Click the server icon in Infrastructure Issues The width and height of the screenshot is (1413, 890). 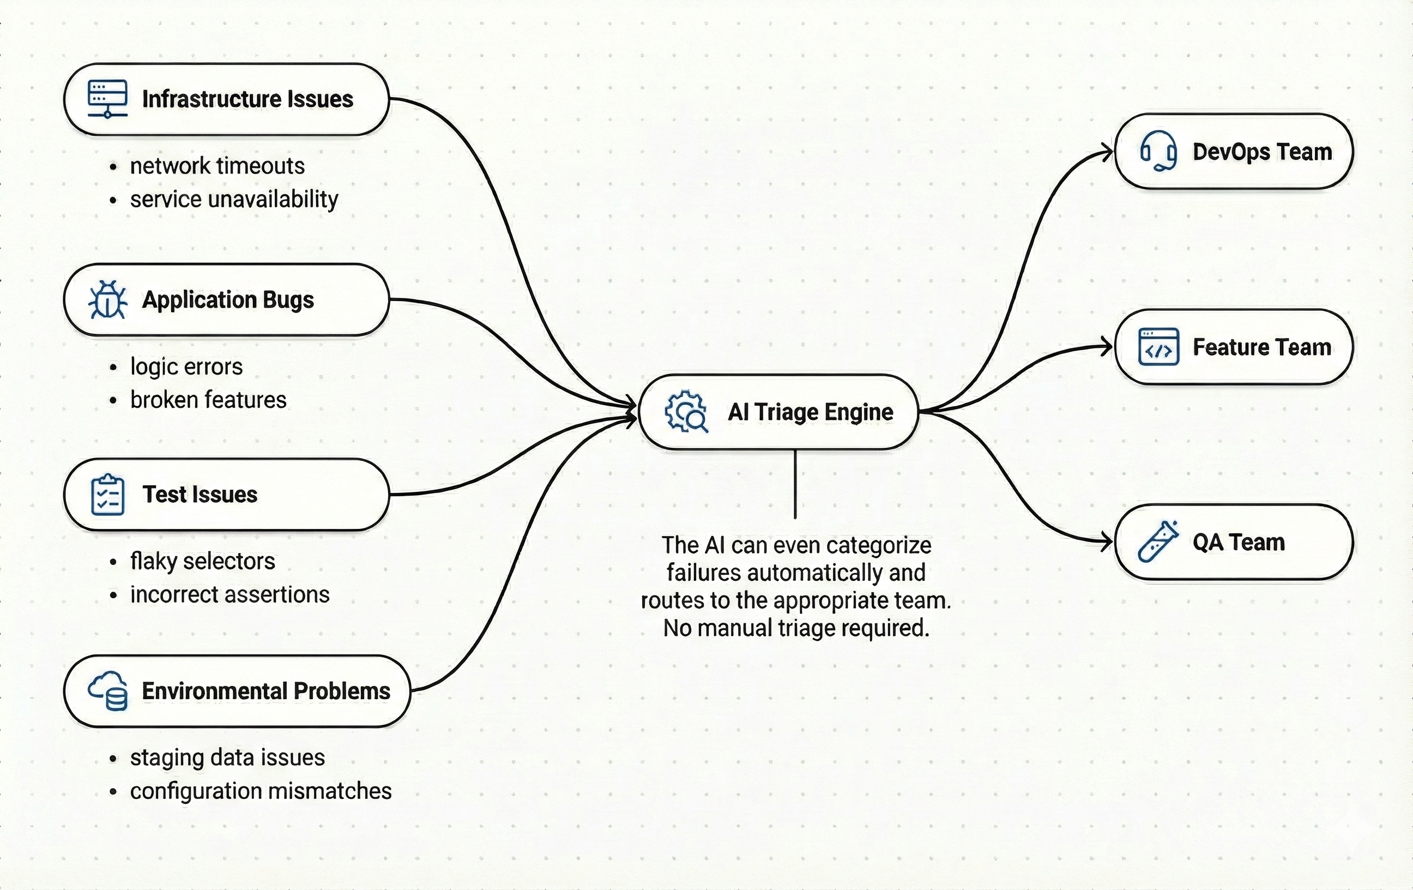pyautogui.click(x=107, y=99)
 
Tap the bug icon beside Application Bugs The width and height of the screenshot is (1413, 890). pyautogui.click(x=107, y=299)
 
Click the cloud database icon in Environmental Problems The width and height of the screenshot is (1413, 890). pyautogui.click(x=108, y=691)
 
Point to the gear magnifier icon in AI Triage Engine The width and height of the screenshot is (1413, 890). pyautogui.click(x=686, y=412)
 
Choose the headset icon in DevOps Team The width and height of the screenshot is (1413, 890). pyautogui.click(x=1158, y=152)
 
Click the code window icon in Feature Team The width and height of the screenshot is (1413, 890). pyautogui.click(x=1158, y=347)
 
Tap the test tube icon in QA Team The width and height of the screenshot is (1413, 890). pyautogui.click(x=1158, y=542)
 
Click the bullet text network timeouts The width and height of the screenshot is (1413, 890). pyautogui.click(x=217, y=166)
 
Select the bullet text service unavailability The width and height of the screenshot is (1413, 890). pyautogui.click(x=233, y=200)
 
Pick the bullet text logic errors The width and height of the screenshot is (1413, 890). pyautogui.click(x=186, y=367)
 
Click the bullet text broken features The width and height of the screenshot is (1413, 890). pyautogui.click(x=208, y=400)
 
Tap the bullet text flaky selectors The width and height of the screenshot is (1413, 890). pyautogui.click(x=202, y=562)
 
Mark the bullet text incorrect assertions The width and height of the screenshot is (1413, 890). pyautogui.click(x=230, y=595)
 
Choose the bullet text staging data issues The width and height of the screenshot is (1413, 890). pyautogui.click(x=227, y=757)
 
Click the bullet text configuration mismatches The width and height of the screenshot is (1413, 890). pyautogui.click(x=261, y=791)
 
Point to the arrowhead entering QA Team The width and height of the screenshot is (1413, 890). pyautogui.click(x=1107, y=542)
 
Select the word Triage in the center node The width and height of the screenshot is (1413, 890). pyautogui.click(x=786, y=412)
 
